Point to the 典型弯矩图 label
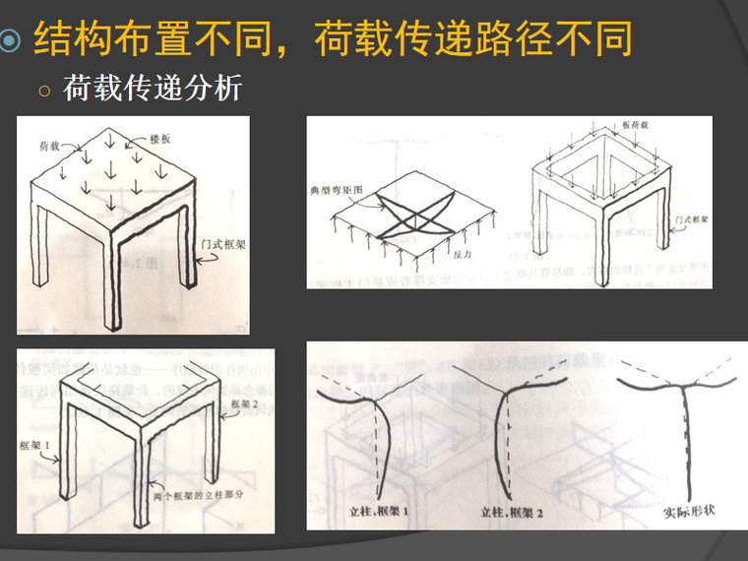337,187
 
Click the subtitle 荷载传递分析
153,89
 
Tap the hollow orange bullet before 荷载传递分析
44,91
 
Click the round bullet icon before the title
9,41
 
